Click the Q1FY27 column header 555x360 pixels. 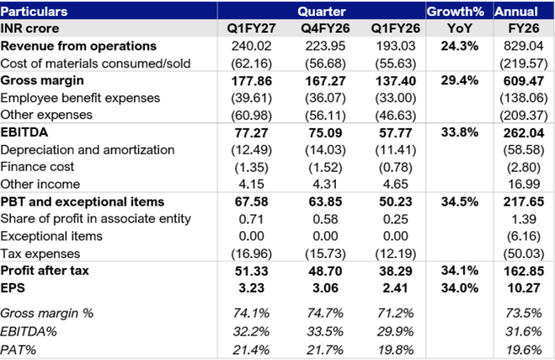click(251, 28)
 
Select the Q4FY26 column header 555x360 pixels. click(325, 28)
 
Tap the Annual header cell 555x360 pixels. click(516, 11)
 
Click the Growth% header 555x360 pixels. click(455, 11)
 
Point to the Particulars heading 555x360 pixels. click(34, 11)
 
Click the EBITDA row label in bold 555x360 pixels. click(24, 132)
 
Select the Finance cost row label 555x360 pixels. click(37, 166)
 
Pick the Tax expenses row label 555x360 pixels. click(40, 254)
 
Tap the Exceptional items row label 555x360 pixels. click(51, 236)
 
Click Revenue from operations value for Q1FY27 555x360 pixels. click(251, 46)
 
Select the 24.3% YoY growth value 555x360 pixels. click(459, 46)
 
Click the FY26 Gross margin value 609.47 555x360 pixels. click(524, 81)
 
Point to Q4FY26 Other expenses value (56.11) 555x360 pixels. click(325, 115)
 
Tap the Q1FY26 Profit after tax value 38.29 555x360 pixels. click(395, 271)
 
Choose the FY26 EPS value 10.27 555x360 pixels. click(524, 288)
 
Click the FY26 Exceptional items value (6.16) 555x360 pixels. click(524, 236)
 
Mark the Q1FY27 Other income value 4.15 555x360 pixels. click(251, 184)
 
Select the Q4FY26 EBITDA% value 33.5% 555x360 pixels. click(325, 332)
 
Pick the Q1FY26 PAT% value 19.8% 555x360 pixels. click(395, 350)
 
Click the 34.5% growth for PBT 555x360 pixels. click(459, 202)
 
